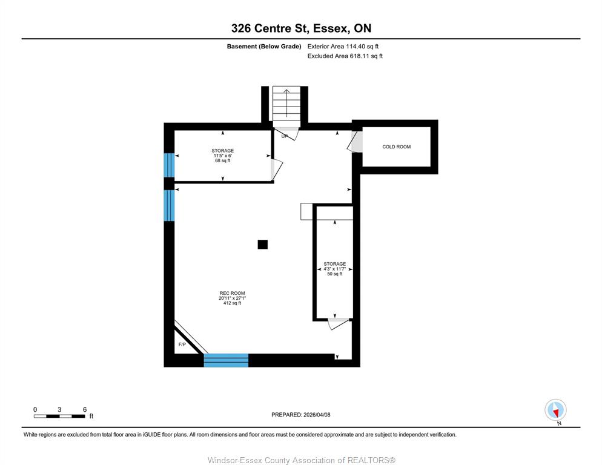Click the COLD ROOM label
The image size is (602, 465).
pyautogui.click(x=396, y=147)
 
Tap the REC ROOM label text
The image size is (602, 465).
pyautogui.click(x=233, y=293)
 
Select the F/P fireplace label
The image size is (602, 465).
pyautogui.click(x=182, y=345)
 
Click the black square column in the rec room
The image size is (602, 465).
pyautogui.click(x=263, y=245)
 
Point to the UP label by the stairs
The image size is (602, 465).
pyautogui.click(x=285, y=136)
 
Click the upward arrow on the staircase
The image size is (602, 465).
pyautogui.click(x=286, y=103)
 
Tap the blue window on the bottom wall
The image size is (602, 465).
pyautogui.click(x=226, y=360)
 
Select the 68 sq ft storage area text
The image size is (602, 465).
pyautogui.click(x=223, y=160)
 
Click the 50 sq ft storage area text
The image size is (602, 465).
pyautogui.click(x=335, y=274)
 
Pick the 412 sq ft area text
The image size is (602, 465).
pyautogui.click(x=233, y=303)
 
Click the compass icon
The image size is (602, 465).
pyautogui.click(x=555, y=410)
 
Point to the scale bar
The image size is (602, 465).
pyautogui.click(x=59, y=416)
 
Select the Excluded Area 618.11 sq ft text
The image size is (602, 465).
pyautogui.click(x=345, y=56)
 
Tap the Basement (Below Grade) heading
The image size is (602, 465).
pyautogui.click(x=264, y=47)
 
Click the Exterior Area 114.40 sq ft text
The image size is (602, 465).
pyautogui.click(x=343, y=47)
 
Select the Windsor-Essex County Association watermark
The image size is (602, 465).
pyautogui.click(x=302, y=460)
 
